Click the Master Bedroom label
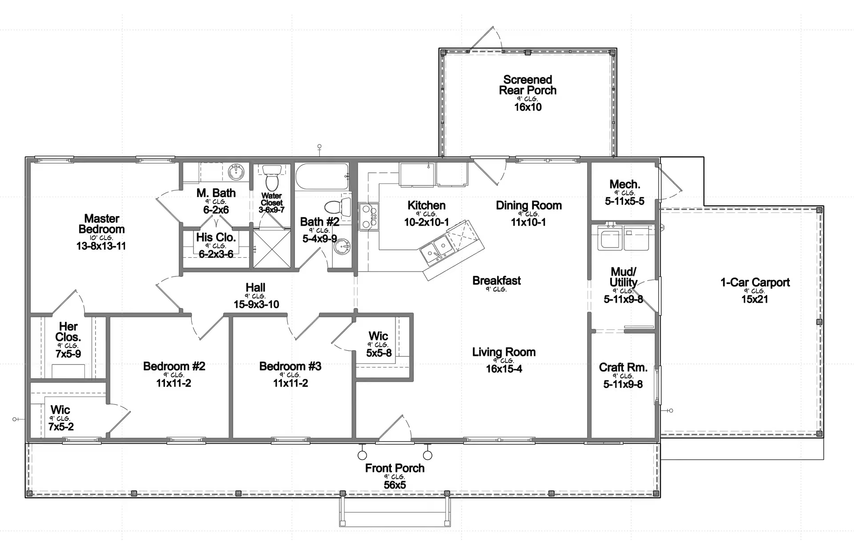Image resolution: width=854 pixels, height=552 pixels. [102, 224]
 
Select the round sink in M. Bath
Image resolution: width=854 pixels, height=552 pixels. [236, 171]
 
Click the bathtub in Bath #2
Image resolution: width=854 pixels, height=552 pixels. [323, 177]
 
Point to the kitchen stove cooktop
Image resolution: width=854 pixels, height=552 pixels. [369, 216]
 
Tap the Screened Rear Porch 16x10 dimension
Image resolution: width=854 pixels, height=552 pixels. [528, 107]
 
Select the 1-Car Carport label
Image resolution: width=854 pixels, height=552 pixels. [755, 282]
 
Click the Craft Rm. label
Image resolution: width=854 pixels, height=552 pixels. [623, 368]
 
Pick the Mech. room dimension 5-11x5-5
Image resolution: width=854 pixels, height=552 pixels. [624, 201]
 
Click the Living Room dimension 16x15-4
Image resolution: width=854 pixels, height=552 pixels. [504, 369]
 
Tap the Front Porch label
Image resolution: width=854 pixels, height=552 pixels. [395, 468]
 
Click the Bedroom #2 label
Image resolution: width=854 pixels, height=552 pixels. [174, 366]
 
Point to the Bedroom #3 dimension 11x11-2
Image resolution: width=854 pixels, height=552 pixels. [290, 383]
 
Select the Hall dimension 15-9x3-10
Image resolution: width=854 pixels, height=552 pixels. [256, 304]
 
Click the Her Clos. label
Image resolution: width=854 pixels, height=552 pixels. [68, 332]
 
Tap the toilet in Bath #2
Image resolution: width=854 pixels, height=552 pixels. [338, 207]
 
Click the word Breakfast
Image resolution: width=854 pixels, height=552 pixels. [496, 280]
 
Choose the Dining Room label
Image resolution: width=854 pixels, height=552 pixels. [528, 205]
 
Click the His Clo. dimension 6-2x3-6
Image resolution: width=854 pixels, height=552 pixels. [216, 254]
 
